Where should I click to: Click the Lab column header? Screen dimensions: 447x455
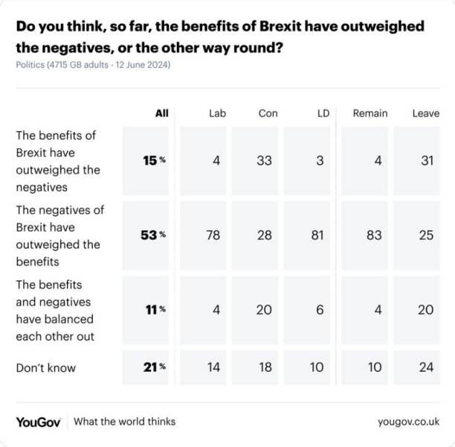point(217,113)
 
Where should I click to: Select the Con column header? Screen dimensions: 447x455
point(268,113)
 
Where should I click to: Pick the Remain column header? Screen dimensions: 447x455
point(370,113)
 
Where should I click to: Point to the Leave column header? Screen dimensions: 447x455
point(425,113)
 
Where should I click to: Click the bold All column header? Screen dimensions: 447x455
point(161,113)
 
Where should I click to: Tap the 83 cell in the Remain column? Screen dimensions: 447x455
point(374,235)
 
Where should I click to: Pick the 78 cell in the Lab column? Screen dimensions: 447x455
point(213,235)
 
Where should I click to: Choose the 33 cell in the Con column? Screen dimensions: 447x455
point(264,160)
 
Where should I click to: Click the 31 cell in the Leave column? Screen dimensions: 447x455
point(426,160)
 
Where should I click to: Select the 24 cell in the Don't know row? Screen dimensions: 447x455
point(426,367)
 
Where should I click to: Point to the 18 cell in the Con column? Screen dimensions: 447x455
point(264,367)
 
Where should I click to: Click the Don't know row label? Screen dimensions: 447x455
point(46,367)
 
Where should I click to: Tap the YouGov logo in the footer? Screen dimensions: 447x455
point(39,422)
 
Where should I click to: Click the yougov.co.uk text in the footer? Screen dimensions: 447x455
point(408,422)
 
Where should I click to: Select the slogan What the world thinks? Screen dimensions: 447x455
point(125,422)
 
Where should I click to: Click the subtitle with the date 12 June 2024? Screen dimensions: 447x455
point(93,66)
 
